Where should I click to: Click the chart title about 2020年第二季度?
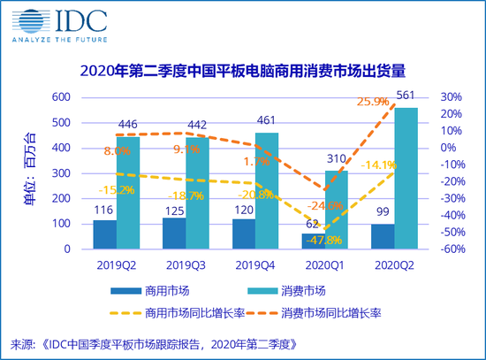click(x=244, y=71)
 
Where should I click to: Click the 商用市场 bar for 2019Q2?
click(x=105, y=234)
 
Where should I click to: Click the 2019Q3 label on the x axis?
click(x=186, y=264)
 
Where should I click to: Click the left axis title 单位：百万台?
click(x=33, y=174)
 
